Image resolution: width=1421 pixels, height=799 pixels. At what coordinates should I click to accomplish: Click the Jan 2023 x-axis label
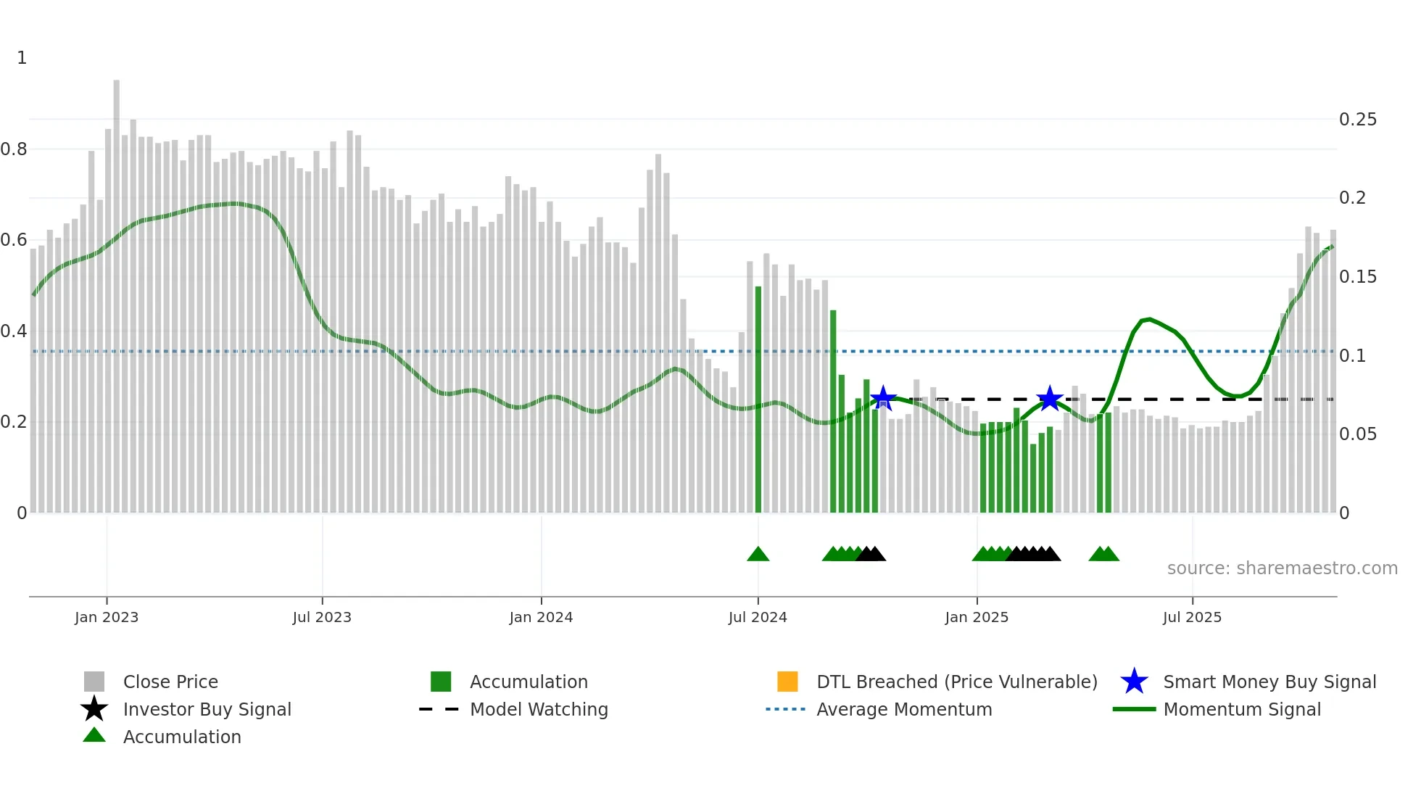[x=106, y=617]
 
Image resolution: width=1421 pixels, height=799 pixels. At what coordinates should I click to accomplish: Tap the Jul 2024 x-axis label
[x=758, y=617]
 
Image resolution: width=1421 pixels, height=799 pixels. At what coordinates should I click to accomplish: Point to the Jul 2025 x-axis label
[x=1192, y=617]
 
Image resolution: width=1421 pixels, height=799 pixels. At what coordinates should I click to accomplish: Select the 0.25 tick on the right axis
[x=1357, y=120]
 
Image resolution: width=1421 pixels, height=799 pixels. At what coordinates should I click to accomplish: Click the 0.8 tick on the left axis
[x=14, y=149]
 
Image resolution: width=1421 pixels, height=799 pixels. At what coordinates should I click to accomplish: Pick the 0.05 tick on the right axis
[x=1357, y=434]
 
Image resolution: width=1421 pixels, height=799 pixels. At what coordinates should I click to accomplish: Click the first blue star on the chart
[x=882, y=398]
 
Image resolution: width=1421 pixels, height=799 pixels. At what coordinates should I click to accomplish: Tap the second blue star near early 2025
[x=1049, y=398]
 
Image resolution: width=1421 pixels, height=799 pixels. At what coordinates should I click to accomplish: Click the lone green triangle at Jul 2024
[x=758, y=555]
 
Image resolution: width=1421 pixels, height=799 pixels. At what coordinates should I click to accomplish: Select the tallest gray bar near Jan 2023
[x=116, y=290]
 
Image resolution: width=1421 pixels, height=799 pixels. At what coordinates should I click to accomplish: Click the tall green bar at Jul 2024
[x=758, y=399]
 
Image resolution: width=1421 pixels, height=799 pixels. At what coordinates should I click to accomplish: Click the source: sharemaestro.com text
[x=1282, y=568]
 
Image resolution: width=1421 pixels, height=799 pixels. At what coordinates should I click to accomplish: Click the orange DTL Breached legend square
[x=787, y=682]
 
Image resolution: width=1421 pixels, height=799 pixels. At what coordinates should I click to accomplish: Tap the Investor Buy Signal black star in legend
[x=94, y=709]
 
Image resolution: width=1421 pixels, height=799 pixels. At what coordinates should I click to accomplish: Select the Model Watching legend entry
[x=538, y=709]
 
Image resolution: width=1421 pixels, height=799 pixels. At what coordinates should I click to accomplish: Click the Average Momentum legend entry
[x=903, y=709]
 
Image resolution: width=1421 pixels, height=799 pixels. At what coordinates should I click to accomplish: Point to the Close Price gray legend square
[x=94, y=682]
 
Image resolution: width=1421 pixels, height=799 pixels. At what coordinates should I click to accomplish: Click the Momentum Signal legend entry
[x=1241, y=709]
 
